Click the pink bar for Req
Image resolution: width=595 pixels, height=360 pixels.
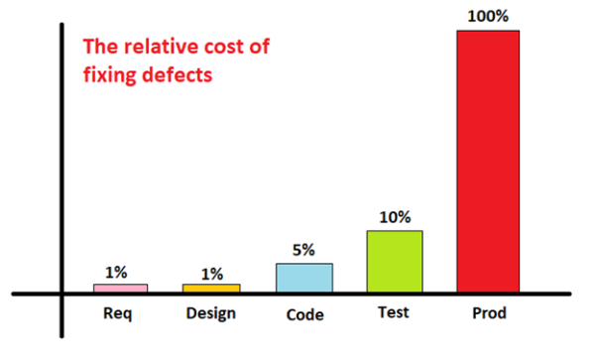tap(120, 288)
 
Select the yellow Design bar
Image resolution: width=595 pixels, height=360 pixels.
tap(211, 288)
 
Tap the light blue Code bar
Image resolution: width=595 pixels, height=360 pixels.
tap(303, 278)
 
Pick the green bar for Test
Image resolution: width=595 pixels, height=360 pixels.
tap(395, 261)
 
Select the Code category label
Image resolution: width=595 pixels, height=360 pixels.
tap(303, 316)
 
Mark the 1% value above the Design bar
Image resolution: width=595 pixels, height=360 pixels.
tap(211, 272)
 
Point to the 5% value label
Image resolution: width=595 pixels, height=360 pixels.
tap(303, 251)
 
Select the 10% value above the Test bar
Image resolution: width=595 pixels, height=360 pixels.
tap(395, 217)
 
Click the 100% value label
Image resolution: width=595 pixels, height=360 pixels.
tap(487, 15)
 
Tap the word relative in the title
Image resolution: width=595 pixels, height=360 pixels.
tap(151, 46)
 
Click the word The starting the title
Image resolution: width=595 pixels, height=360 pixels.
tap(98, 46)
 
